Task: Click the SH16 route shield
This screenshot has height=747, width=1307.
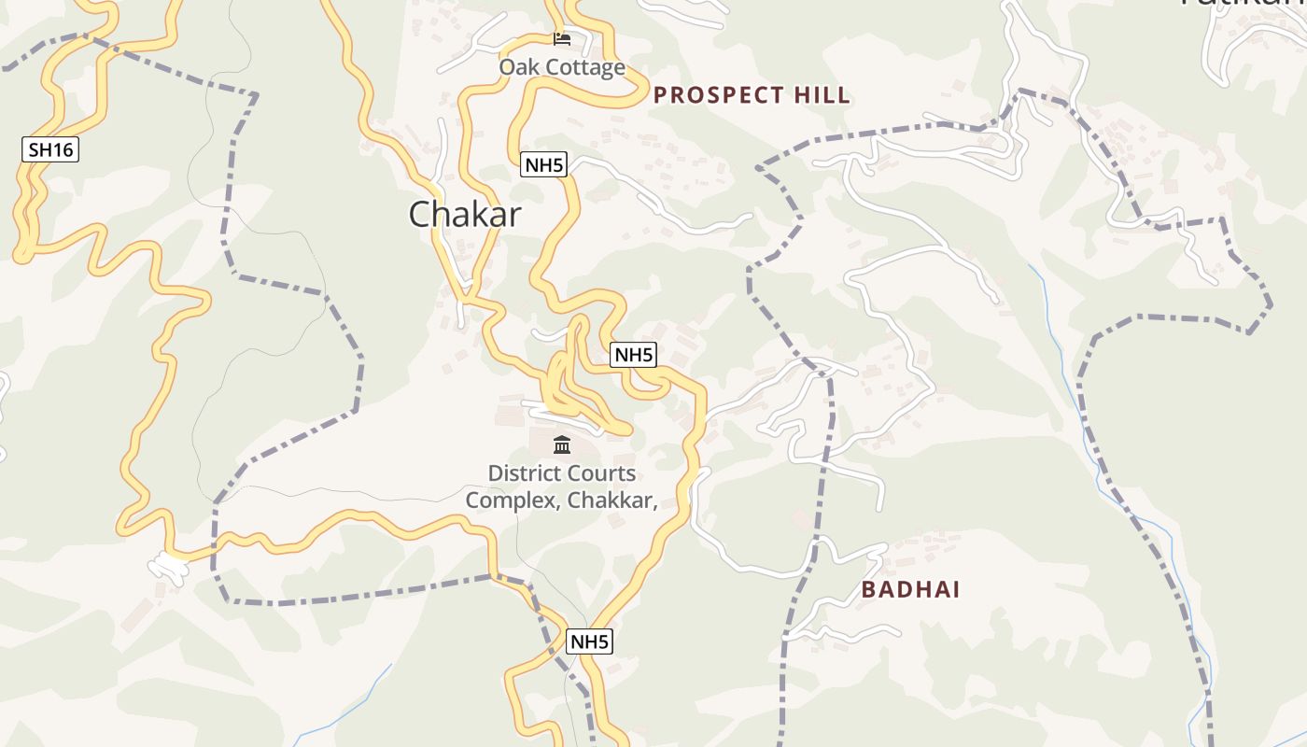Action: pyautogui.click(x=50, y=149)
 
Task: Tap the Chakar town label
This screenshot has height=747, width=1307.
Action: pyautogui.click(x=465, y=215)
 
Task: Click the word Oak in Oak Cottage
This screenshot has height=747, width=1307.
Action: pyautogui.click(x=518, y=67)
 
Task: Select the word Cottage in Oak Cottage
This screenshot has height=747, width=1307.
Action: pyautogui.click(x=584, y=67)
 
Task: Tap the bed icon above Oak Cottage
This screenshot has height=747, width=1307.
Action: pyautogui.click(x=561, y=39)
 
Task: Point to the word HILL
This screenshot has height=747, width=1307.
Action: pyautogui.click(x=822, y=95)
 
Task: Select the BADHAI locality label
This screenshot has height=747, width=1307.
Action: pyautogui.click(x=910, y=590)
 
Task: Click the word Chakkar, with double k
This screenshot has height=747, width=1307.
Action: pyautogui.click(x=612, y=500)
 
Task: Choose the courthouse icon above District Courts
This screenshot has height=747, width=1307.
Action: pyautogui.click(x=561, y=444)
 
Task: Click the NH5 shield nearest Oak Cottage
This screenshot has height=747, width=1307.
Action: pyautogui.click(x=543, y=166)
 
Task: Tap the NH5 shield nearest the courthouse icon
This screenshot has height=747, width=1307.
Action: pyautogui.click(x=633, y=355)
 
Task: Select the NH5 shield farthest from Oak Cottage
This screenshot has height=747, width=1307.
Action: pyautogui.click(x=589, y=641)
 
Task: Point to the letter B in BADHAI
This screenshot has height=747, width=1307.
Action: pyautogui.click(x=868, y=590)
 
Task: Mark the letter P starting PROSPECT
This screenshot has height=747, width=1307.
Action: pyautogui.click(x=660, y=95)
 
